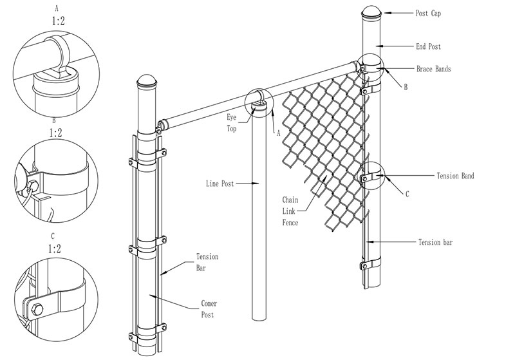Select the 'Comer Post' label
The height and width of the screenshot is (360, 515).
[x=206, y=308]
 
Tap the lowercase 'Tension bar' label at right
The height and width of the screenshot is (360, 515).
[x=437, y=242]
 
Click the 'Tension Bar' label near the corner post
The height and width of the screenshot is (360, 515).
[x=207, y=262]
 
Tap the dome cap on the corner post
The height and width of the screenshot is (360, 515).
[x=147, y=82]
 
